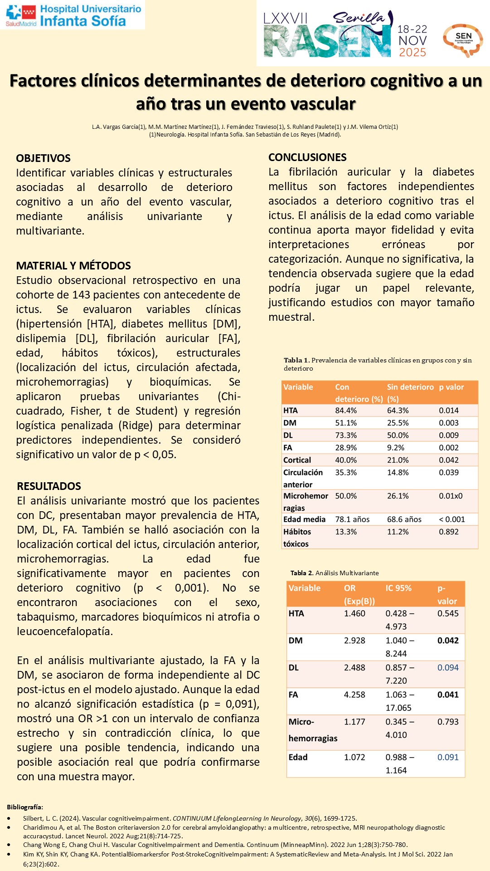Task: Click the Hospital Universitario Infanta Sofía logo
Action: point(73,15)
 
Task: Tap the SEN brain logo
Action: point(463,40)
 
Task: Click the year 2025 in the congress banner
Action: point(412,53)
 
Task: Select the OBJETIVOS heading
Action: point(44,158)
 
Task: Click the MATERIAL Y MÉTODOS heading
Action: point(73,266)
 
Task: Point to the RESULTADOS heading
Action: point(49,486)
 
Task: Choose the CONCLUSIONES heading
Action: point(307,157)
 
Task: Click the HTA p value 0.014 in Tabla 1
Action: point(449,411)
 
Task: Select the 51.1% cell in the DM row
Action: point(346,423)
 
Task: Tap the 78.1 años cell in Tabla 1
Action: point(352,519)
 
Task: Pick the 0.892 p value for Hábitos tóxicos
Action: point(449,532)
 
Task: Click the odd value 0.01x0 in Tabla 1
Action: point(451,496)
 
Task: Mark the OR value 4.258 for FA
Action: point(354,695)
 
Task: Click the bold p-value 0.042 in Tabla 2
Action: point(448,641)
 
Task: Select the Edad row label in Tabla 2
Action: point(298,757)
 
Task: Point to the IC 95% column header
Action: point(398,588)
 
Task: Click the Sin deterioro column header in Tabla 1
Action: point(410,387)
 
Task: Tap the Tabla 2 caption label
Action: point(301,573)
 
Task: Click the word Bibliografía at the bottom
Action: point(25,807)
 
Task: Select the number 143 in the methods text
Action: point(81,295)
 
